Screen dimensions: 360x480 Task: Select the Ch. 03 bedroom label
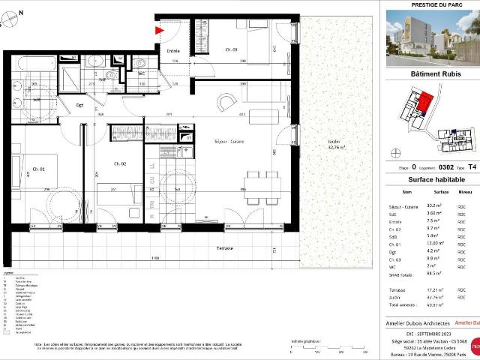(231, 49)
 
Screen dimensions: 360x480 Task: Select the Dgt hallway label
(79, 106)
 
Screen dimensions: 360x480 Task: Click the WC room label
(141, 73)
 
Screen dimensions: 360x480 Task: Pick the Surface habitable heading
(430, 181)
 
